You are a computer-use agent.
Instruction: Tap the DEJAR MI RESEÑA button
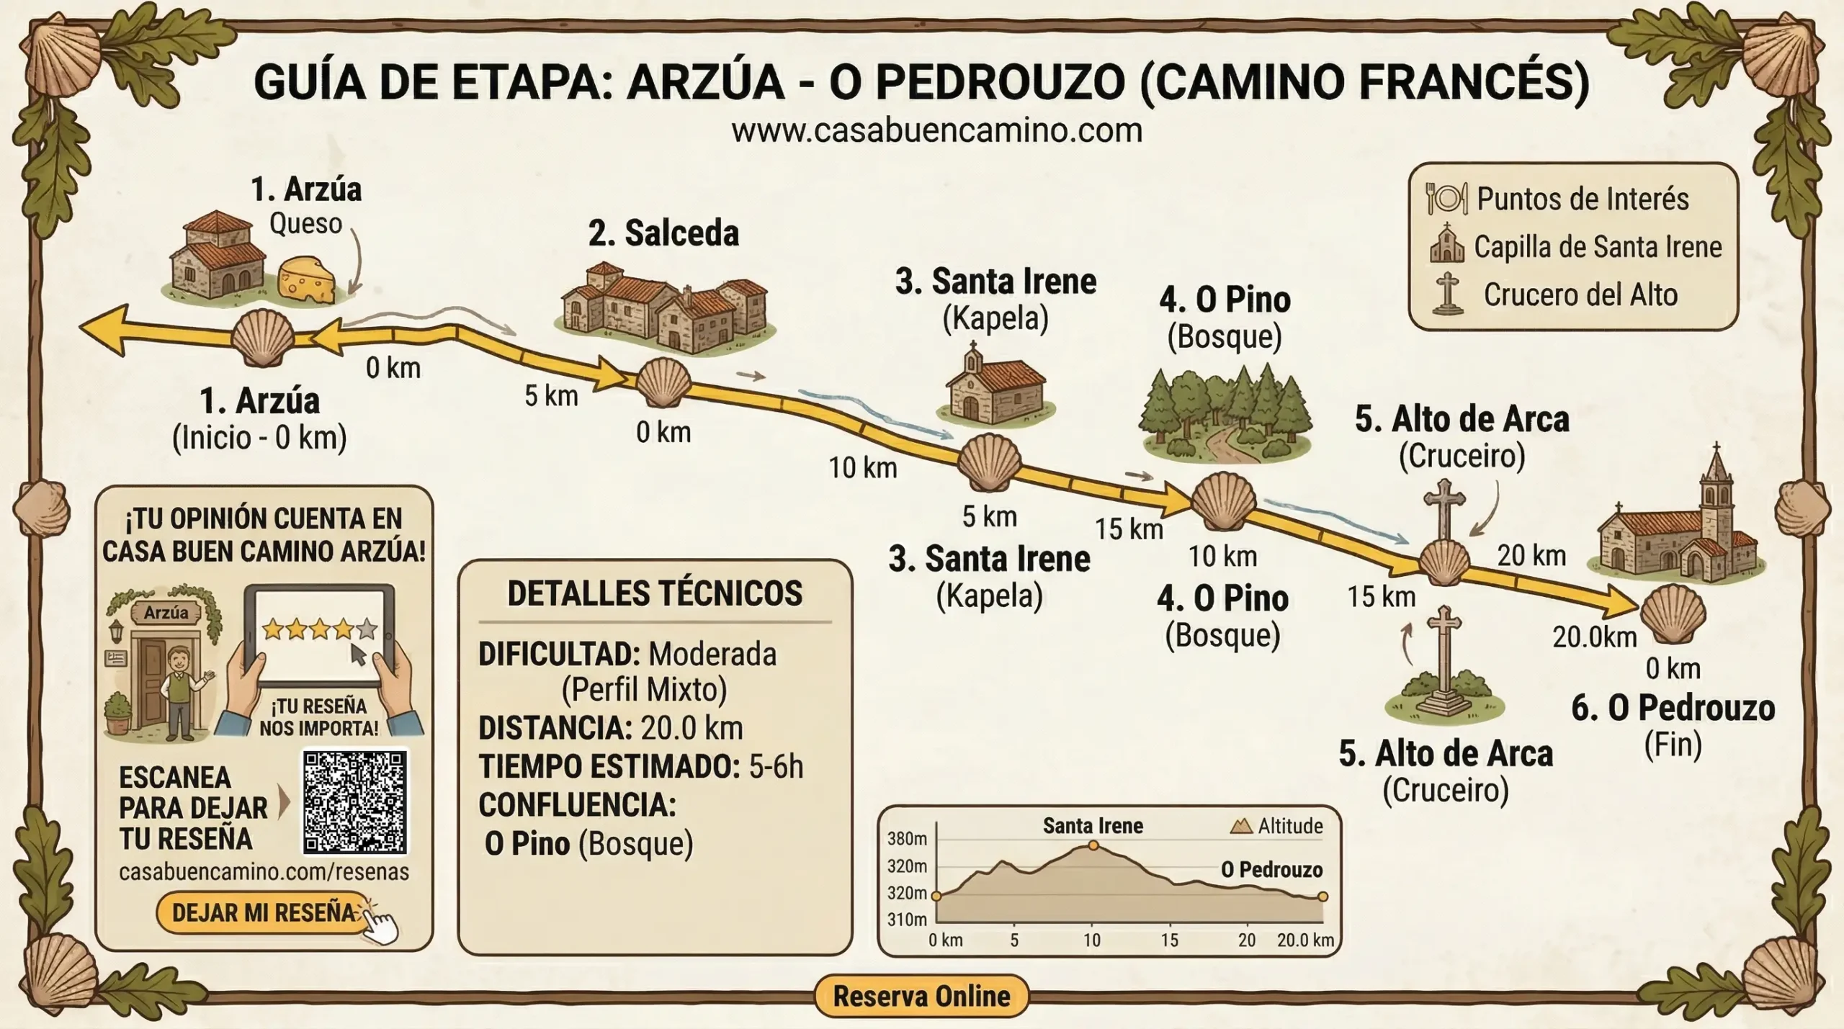pyautogui.click(x=264, y=913)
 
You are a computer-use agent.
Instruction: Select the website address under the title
pyautogui.click(x=936, y=131)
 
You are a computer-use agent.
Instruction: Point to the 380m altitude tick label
pyautogui.click(x=907, y=839)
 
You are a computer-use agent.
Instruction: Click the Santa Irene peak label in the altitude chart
pyautogui.click(x=1093, y=826)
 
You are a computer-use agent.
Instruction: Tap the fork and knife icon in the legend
pyautogui.click(x=1446, y=198)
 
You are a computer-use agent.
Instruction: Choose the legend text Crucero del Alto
pyautogui.click(x=1580, y=295)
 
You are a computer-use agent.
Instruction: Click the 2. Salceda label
pyautogui.click(x=663, y=233)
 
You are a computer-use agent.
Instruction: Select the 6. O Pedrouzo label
pyautogui.click(x=1673, y=709)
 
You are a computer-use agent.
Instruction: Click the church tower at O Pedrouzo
pyautogui.click(x=1716, y=490)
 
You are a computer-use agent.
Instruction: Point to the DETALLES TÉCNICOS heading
pyautogui.click(x=654, y=593)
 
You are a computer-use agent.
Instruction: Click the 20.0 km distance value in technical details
pyautogui.click(x=691, y=728)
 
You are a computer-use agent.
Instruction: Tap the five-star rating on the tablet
pyautogui.click(x=319, y=629)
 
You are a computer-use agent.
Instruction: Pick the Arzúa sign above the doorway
pyautogui.click(x=166, y=613)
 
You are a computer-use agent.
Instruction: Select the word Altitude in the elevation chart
pyautogui.click(x=1290, y=826)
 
